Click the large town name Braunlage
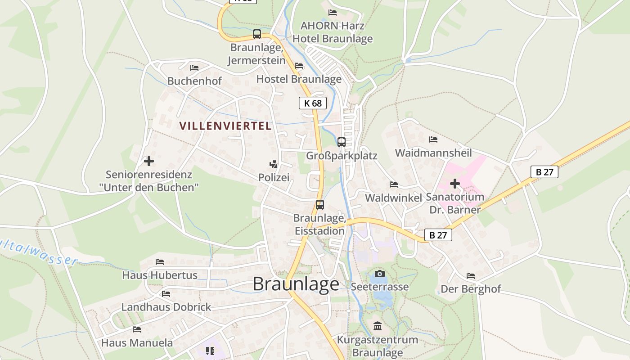click(x=296, y=284)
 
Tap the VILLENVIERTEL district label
click(x=225, y=126)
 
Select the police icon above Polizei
click(x=273, y=164)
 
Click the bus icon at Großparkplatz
click(x=342, y=142)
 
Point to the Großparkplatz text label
click(x=342, y=156)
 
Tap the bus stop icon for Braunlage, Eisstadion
click(x=319, y=205)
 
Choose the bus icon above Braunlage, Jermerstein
click(x=257, y=34)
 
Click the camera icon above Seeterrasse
click(x=379, y=274)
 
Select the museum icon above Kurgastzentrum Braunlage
click(x=378, y=326)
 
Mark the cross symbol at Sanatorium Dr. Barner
click(x=455, y=184)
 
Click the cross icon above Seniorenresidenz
click(x=148, y=161)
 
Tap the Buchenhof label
click(x=194, y=81)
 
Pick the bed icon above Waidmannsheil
click(x=433, y=139)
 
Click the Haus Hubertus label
click(x=160, y=275)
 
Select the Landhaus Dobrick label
click(x=166, y=307)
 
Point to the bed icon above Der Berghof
click(x=471, y=275)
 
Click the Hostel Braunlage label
click(x=299, y=79)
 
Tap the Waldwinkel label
click(x=393, y=198)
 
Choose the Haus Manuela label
click(x=137, y=342)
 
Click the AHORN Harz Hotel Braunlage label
click(x=333, y=32)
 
